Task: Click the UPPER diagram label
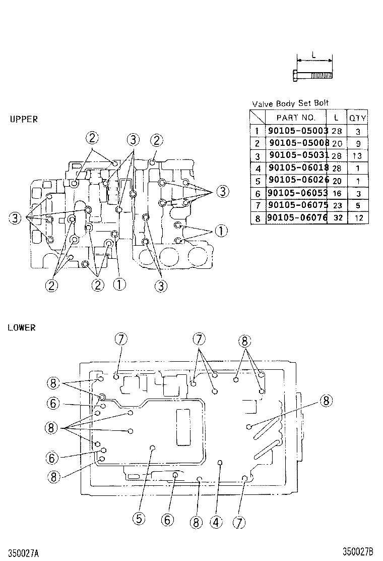(23, 120)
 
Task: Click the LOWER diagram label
(22, 327)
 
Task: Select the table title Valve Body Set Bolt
(290, 103)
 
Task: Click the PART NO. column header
(296, 118)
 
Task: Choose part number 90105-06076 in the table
(297, 218)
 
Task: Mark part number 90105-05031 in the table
(298, 155)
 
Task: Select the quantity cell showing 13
(358, 156)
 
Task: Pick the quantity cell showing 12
(358, 218)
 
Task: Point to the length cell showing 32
(337, 218)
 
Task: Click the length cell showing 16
(337, 193)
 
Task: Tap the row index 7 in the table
(257, 206)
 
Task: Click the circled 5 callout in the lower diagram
(139, 518)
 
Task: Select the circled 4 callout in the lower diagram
(216, 522)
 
